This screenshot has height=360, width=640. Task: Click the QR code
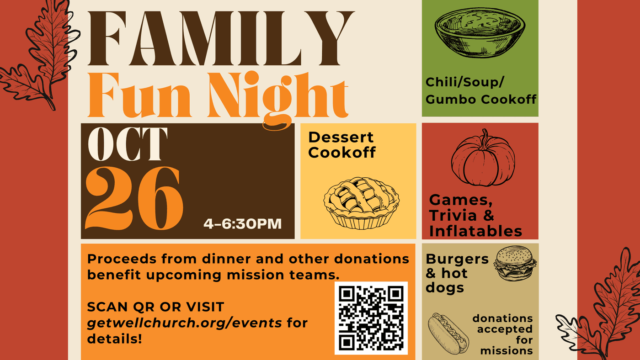371,318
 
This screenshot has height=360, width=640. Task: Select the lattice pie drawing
362,203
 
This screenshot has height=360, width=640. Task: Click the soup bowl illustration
480,32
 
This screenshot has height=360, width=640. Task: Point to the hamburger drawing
515,264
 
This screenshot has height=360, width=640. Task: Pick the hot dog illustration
448,334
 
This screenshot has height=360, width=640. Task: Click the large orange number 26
134,199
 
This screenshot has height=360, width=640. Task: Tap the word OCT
128,144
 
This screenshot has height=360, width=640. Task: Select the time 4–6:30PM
243,224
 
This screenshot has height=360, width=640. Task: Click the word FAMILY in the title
220,38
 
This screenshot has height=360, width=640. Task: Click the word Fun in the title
139,95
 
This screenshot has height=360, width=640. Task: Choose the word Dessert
341,138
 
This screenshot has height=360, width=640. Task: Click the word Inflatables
475,231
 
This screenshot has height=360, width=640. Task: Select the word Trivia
453,215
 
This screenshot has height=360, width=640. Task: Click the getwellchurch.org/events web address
184,323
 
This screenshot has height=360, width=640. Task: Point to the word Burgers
457,259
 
